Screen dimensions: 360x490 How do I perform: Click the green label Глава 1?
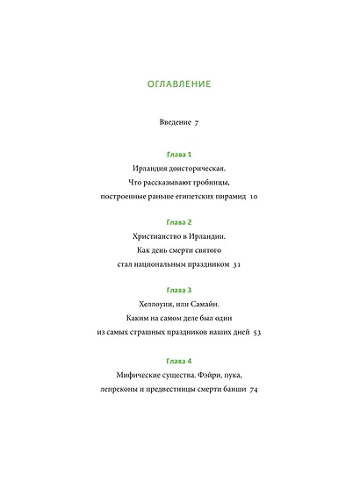click(x=179, y=155)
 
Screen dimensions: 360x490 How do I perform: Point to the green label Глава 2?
click(x=179, y=222)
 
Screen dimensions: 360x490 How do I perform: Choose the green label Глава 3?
click(x=179, y=290)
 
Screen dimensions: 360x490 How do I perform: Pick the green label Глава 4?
click(x=179, y=361)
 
